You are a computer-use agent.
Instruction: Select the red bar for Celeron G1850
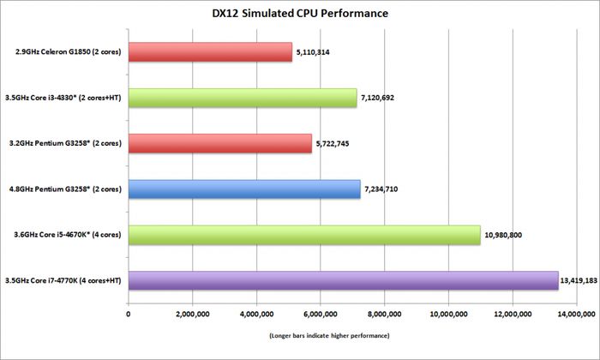[210, 51]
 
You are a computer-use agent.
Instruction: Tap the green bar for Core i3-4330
[243, 98]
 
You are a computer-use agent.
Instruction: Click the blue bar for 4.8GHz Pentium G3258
[244, 189]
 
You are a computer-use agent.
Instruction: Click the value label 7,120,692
[380, 98]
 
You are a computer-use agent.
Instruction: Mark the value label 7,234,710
[383, 189]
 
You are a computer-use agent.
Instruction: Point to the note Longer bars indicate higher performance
[329, 334]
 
